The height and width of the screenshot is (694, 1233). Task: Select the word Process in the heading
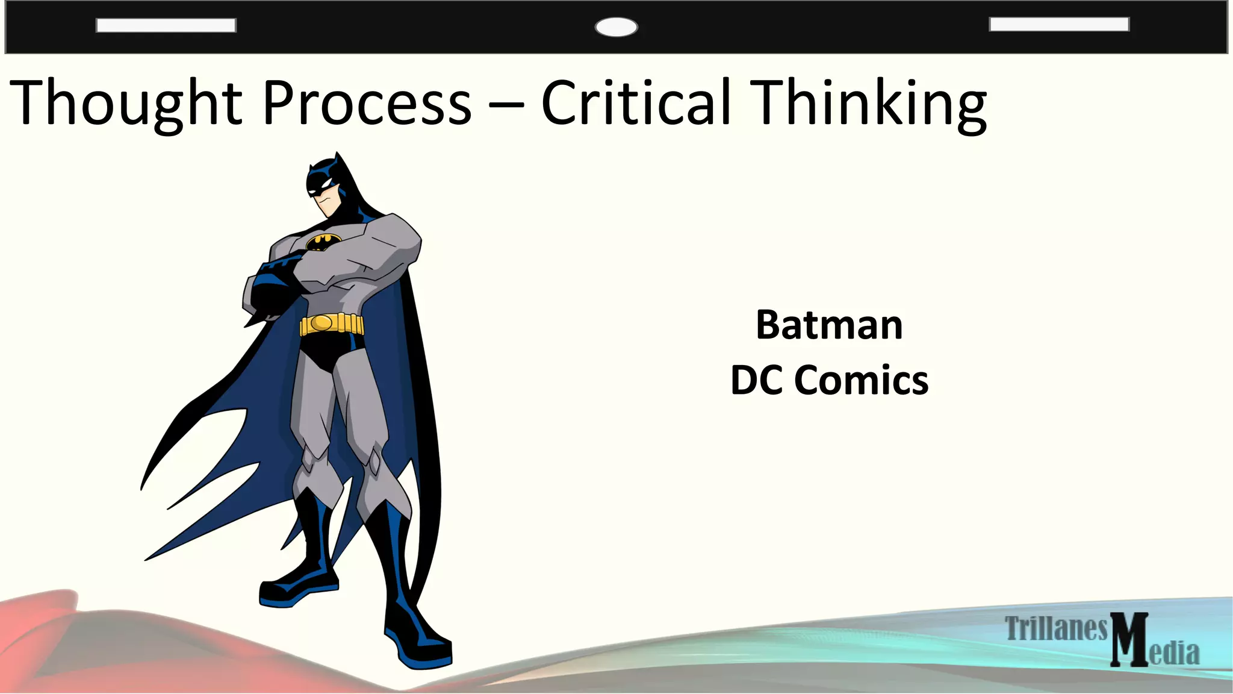[x=367, y=104]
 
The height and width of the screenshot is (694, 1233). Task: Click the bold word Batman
[x=829, y=325]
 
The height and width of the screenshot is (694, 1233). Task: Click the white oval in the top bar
[x=616, y=27]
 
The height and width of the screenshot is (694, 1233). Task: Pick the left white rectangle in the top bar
[x=166, y=25]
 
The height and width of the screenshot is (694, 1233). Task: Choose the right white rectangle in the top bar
[x=1059, y=24]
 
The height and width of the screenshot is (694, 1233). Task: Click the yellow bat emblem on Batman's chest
[x=323, y=242]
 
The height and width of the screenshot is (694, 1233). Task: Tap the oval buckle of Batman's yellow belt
[x=322, y=324]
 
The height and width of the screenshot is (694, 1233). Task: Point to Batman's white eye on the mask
[x=325, y=182]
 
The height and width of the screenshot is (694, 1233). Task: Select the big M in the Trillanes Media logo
[x=1129, y=640]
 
